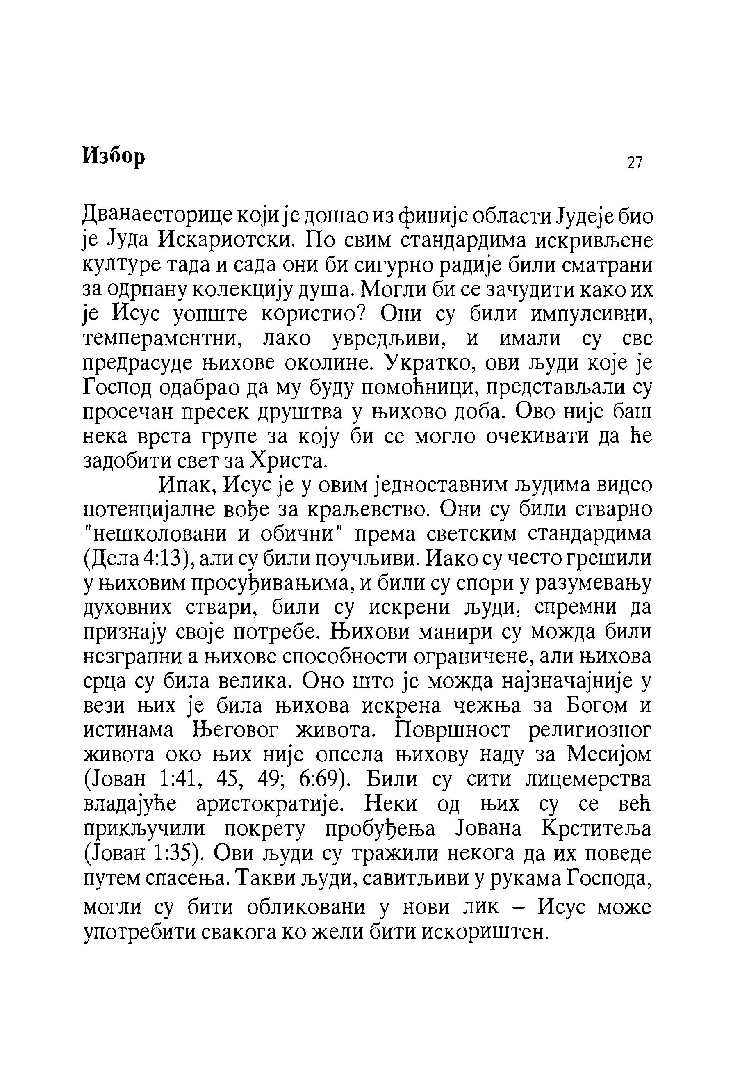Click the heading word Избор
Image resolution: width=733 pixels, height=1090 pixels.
coord(114,155)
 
